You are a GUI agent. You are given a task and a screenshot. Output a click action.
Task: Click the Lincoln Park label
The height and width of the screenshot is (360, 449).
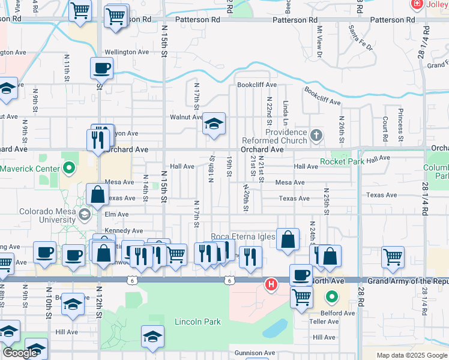click(x=197, y=322)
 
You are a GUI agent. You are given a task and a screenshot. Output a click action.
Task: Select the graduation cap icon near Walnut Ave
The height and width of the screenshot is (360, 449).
click(x=213, y=124)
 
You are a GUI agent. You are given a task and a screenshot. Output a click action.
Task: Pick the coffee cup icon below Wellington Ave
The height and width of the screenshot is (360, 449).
click(x=101, y=68)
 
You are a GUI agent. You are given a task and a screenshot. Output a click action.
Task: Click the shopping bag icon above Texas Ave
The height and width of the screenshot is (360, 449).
click(x=97, y=194)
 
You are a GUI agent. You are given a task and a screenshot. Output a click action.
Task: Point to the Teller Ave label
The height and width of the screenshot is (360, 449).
click(x=325, y=322)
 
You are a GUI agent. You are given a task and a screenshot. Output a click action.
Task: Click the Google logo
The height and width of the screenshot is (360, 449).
click(x=19, y=353)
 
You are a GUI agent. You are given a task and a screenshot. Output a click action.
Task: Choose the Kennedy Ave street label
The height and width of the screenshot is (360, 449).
click(x=123, y=230)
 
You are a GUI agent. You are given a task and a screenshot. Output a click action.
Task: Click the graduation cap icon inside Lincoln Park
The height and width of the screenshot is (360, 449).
click(x=152, y=337)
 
